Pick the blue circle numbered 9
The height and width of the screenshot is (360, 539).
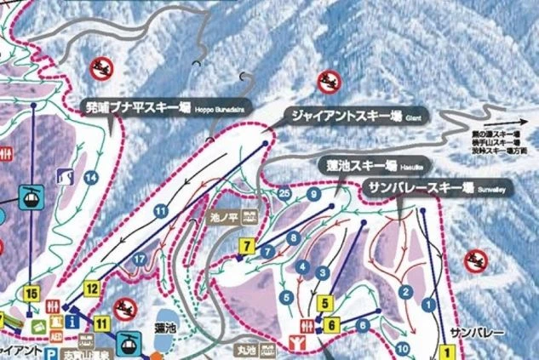[x=314, y=195]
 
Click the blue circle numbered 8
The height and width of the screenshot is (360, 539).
[x=294, y=237]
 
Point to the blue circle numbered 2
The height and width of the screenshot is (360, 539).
[x=406, y=292]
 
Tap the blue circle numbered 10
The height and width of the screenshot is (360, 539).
[x=402, y=348]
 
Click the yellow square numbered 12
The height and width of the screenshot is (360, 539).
[x=92, y=288]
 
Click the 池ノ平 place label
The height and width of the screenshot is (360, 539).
[x=220, y=217]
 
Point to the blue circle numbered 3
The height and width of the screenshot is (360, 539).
[x=323, y=272]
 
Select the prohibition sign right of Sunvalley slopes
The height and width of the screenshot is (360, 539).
[x=475, y=260]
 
